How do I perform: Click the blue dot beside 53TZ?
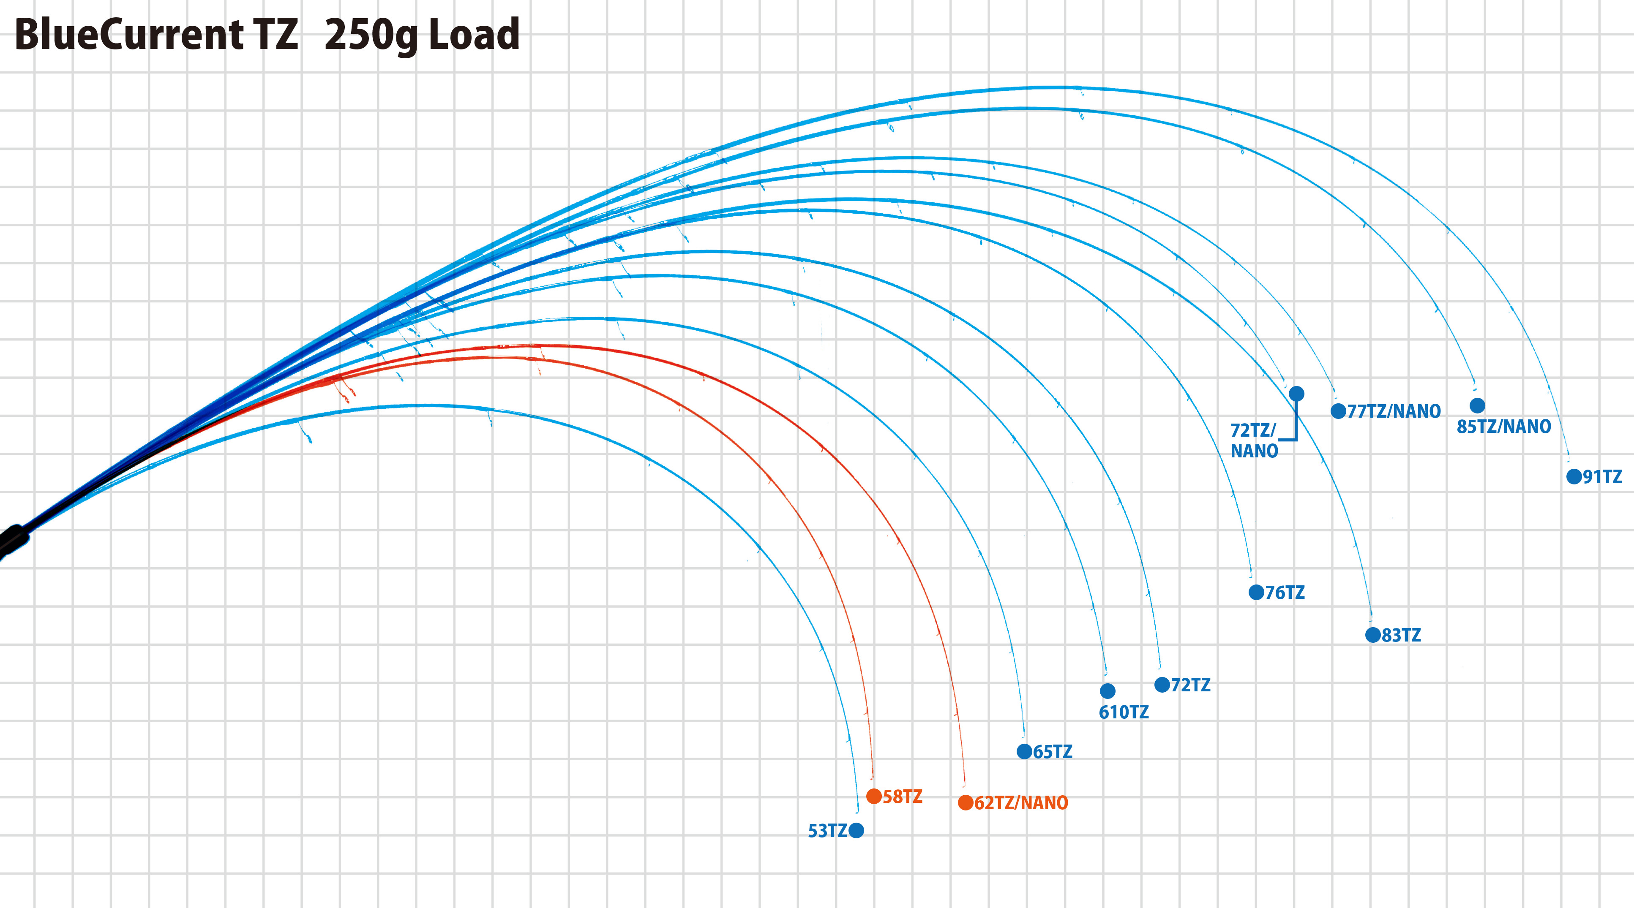click(856, 830)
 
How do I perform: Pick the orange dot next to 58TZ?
click(873, 796)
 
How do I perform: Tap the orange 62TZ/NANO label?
click(1020, 803)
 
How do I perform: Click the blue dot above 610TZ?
click(1108, 691)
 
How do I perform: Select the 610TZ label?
click(1124, 712)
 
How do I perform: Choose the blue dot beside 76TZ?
click(1256, 592)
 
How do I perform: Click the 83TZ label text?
click(1401, 635)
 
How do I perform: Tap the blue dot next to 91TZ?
click(1574, 476)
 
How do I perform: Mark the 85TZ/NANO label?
click(1503, 427)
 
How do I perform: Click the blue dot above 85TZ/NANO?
click(1477, 405)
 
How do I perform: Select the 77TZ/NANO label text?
click(1394, 411)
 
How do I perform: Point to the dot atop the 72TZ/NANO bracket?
click(1296, 394)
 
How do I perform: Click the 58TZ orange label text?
click(902, 797)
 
